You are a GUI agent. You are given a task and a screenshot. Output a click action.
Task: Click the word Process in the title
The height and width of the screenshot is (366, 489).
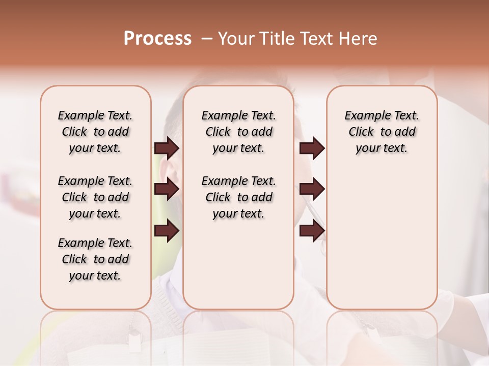pyautogui.click(x=157, y=39)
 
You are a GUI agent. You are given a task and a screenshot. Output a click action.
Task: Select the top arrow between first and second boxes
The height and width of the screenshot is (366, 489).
pyautogui.click(x=167, y=148)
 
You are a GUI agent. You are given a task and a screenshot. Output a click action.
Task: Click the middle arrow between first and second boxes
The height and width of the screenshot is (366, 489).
pyautogui.click(x=167, y=189)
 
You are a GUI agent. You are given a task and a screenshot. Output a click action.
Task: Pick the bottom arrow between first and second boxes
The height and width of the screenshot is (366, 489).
pyautogui.click(x=167, y=231)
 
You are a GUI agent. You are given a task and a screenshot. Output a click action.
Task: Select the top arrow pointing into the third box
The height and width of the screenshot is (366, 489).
pyautogui.click(x=312, y=148)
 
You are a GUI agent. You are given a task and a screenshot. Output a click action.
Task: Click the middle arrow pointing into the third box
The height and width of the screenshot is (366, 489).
pyautogui.click(x=312, y=189)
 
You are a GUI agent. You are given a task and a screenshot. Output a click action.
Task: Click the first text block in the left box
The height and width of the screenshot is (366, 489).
pyautogui.click(x=95, y=132)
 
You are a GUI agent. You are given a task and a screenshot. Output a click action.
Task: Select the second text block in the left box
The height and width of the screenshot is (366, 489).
pyautogui.click(x=95, y=197)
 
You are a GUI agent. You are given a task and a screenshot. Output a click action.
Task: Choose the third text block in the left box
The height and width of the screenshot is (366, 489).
pyautogui.click(x=95, y=259)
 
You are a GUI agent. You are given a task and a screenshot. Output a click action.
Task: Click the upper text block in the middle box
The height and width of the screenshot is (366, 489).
pyautogui.click(x=238, y=132)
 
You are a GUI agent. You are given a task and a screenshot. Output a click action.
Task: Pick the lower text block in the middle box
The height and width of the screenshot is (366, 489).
pyautogui.click(x=238, y=197)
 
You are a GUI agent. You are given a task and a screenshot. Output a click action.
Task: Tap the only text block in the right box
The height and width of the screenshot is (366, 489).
pyautogui.click(x=382, y=132)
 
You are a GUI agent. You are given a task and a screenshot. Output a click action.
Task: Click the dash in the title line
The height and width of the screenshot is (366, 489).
pyautogui.click(x=207, y=39)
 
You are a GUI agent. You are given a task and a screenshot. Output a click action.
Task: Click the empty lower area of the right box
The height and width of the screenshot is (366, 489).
pyautogui.click(x=382, y=244)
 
